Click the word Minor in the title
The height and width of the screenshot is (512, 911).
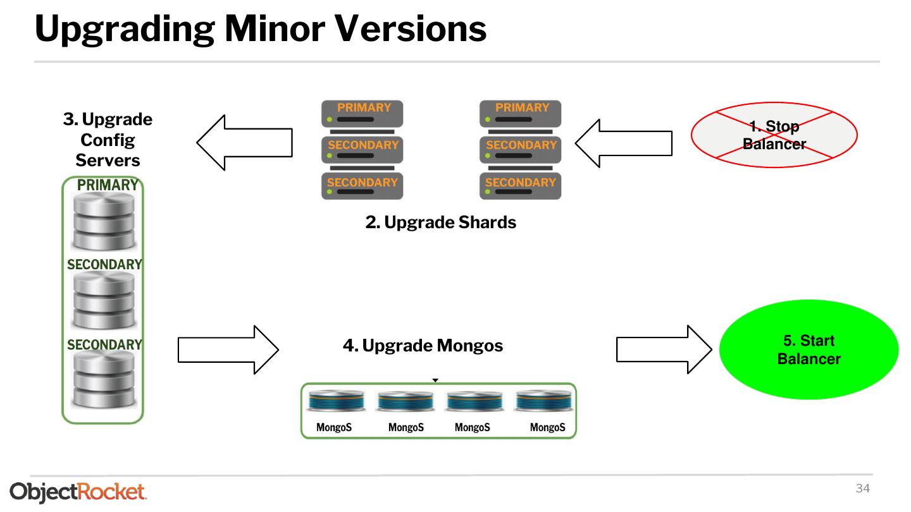click(275, 28)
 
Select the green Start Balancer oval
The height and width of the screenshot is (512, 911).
click(809, 350)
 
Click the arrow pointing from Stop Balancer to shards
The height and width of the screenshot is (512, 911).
click(624, 143)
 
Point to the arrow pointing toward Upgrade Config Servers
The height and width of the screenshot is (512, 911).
click(244, 142)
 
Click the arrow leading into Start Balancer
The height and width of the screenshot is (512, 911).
click(664, 350)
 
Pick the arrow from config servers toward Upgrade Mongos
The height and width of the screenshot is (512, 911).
click(228, 350)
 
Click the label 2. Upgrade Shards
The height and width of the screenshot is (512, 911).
click(440, 222)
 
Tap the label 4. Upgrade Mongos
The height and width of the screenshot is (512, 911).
click(423, 346)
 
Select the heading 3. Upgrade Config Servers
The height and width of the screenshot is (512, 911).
click(108, 139)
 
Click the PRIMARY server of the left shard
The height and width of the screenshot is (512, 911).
click(362, 114)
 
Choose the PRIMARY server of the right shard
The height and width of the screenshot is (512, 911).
click(520, 114)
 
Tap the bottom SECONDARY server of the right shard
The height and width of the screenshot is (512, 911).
click(520, 186)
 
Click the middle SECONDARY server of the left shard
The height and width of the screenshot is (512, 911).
click(362, 150)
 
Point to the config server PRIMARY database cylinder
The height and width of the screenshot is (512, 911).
click(104, 221)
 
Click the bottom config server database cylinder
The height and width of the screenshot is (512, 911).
click(104, 379)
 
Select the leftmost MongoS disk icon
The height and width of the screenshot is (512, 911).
click(336, 401)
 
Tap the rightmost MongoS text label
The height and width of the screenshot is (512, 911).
click(547, 427)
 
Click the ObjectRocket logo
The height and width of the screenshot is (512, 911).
click(78, 492)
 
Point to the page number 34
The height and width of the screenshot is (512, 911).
click(863, 488)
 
